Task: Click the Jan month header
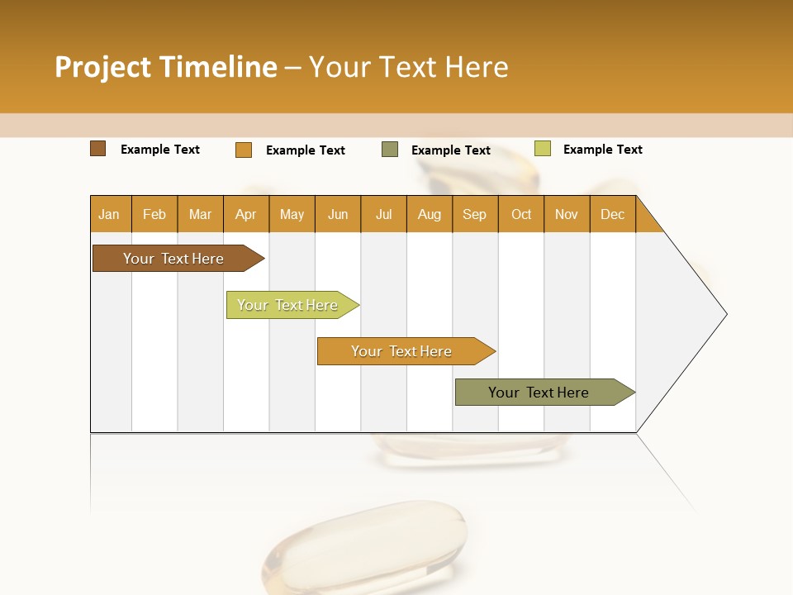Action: click(x=109, y=215)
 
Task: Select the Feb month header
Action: click(x=154, y=215)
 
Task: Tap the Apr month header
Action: click(x=245, y=215)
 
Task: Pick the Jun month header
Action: click(x=338, y=215)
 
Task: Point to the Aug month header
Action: click(x=429, y=215)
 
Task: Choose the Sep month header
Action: click(x=474, y=215)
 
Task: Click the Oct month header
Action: click(x=521, y=215)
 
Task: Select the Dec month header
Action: click(x=612, y=215)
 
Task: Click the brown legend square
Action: click(x=98, y=149)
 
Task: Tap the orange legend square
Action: click(x=244, y=150)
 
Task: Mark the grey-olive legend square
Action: click(x=390, y=150)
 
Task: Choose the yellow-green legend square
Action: click(x=542, y=149)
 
